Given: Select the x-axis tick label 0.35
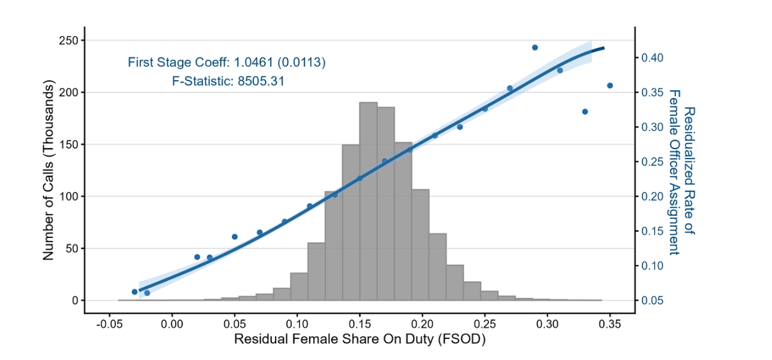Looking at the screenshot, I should (610, 323).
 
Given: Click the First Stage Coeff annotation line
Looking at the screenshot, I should (226, 62).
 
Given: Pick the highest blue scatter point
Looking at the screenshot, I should (535, 47).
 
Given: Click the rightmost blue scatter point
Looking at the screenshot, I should (610, 86).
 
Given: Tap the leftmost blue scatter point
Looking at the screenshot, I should (134, 292).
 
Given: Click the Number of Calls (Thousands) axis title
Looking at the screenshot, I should (49, 172).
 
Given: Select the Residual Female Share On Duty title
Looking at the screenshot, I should (359, 339).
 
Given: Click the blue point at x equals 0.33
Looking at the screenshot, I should (585, 112).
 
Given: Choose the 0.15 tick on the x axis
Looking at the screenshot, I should (359, 323).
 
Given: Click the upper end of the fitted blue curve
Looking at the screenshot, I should (604, 47).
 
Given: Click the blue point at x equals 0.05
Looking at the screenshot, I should (234, 237).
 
